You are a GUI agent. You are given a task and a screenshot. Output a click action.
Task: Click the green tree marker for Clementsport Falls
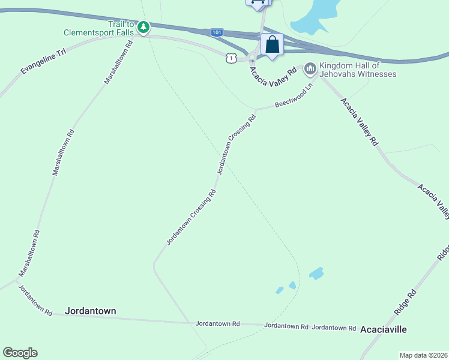point(143,27)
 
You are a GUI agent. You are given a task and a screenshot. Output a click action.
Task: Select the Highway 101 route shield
point(217,32)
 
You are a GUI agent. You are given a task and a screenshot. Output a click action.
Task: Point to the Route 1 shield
point(231,57)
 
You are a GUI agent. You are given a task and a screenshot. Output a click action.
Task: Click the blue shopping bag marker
point(272,44)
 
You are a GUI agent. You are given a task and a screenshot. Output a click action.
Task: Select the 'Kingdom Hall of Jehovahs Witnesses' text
point(358,70)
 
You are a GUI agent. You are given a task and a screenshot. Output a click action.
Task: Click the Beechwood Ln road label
point(294,96)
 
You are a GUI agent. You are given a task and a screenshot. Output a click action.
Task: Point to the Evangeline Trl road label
point(41,62)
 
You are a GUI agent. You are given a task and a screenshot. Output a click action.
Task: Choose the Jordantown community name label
point(90,311)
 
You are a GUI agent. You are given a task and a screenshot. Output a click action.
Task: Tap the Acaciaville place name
point(384,329)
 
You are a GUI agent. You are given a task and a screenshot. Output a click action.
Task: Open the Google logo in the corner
point(20,353)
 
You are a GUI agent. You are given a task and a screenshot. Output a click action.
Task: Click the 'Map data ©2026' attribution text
point(423,355)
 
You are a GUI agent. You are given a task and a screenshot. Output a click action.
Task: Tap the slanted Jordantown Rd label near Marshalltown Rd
point(35,300)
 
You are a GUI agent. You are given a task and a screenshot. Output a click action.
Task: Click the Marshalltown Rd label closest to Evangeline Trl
point(118,62)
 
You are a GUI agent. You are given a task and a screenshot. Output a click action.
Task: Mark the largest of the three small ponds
point(316,273)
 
